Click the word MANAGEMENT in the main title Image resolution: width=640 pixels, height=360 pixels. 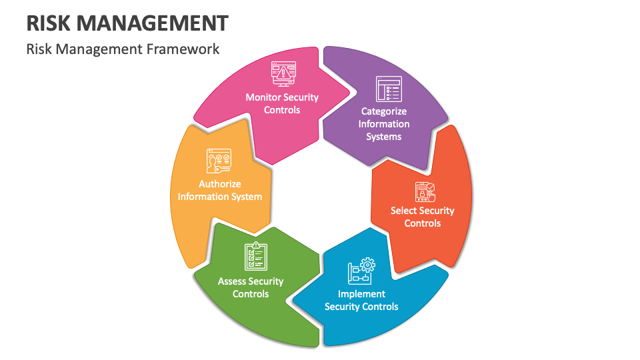click(153, 23)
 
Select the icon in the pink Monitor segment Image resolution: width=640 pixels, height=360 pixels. click(283, 74)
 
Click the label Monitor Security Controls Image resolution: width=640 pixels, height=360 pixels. click(282, 103)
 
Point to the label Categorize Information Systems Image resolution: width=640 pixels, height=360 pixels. click(384, 124)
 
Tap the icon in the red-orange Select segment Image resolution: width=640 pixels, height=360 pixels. click(425, 192)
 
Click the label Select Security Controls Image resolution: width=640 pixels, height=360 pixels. click(422, 217)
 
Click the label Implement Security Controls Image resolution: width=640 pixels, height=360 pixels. click(361, 300)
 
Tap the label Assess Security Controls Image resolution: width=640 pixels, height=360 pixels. click(251, 287)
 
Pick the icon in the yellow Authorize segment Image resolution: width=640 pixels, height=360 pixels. click(219, 161)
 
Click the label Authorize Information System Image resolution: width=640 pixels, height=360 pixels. click(219, 190)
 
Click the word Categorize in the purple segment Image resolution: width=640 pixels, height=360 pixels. click(384, 111)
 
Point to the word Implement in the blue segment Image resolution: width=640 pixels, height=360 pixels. click(361, 294)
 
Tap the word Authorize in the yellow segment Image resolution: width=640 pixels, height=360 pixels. click(219, 184)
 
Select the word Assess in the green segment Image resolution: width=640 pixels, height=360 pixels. click(231, 281)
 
